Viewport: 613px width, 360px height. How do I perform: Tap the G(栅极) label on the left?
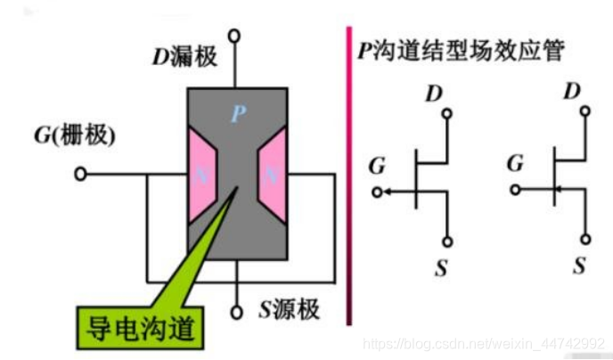75,135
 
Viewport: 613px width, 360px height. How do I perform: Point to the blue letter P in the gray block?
237,113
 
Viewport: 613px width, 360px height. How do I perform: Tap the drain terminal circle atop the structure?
235,36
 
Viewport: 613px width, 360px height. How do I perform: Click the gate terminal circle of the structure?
81,174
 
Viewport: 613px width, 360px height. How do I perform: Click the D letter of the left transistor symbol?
435,92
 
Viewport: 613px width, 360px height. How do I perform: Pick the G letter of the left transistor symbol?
377,166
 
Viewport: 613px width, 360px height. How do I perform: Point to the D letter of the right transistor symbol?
573,90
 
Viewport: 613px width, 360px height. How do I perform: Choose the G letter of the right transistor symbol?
514,163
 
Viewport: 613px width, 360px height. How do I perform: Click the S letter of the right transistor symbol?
580,265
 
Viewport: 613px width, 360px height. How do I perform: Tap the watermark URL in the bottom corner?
486,344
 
